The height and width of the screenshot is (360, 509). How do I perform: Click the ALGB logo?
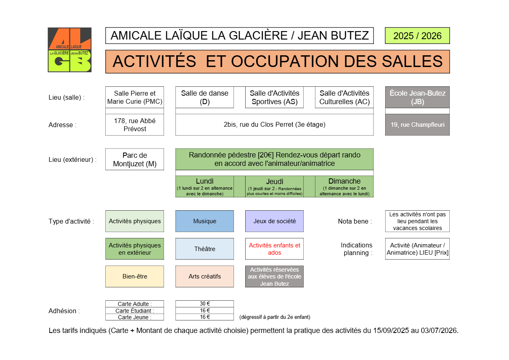click(69, 50)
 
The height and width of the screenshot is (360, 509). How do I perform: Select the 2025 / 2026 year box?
click(417, 36)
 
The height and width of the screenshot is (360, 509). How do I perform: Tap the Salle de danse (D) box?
click(204, 97)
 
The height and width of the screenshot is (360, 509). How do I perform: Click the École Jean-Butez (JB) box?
click(417, 97)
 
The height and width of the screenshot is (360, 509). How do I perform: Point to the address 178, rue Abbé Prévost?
click(134, 125)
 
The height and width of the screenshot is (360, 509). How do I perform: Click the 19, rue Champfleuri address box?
click(417, 125)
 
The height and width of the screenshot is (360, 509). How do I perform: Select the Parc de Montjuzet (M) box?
click(134, 159)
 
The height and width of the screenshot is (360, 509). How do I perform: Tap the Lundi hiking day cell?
click(204, 186)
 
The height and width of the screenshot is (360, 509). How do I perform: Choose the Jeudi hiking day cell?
click(274, 186)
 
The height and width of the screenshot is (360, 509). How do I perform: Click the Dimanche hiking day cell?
click(344, 186)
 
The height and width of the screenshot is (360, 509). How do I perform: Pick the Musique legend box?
click(204, 221)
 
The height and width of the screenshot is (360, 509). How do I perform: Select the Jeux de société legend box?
click(274, 221)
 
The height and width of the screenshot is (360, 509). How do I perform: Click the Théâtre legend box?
click(204, 249)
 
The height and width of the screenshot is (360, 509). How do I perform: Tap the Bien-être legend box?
click(134, 276)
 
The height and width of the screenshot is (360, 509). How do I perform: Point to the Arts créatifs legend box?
click(204, 276)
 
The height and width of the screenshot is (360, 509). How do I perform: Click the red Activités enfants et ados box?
click(274, 249)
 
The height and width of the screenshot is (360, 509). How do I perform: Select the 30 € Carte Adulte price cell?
click(204, 304)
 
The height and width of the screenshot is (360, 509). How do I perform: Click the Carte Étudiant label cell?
click(134, 311)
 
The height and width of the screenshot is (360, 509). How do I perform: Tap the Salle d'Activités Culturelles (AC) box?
click(344, 97)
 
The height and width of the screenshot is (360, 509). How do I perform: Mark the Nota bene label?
click(355, 221)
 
